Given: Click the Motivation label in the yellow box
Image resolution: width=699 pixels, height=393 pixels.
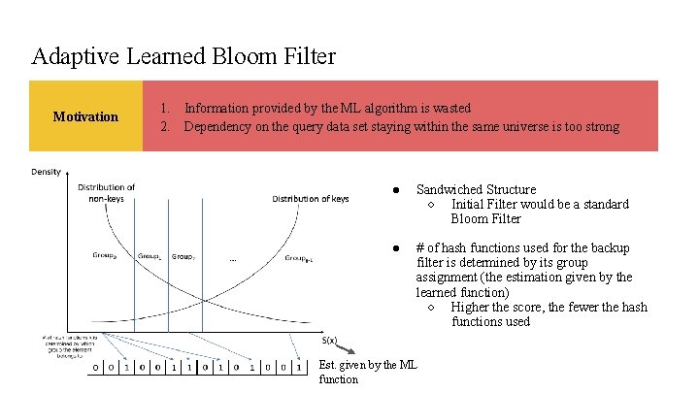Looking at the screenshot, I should click(85, 117).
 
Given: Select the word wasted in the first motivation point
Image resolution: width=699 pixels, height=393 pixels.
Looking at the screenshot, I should click(448, 109).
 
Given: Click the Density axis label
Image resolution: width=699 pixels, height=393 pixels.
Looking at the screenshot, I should click(46, 172).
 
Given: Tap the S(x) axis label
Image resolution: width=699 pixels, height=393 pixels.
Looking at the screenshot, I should click(329, 341).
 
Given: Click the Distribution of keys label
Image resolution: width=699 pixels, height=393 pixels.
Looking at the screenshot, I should click(311, 200).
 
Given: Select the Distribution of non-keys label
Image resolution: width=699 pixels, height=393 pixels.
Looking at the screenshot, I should click(106, 193).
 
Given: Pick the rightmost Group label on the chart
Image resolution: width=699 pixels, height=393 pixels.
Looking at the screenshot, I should click(297, 258).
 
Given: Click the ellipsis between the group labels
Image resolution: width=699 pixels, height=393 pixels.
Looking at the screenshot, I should click(231, 259).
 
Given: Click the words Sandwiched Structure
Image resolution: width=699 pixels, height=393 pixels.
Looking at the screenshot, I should click(476, 190).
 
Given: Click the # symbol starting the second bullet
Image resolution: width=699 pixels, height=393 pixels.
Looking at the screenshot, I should click(419, 248).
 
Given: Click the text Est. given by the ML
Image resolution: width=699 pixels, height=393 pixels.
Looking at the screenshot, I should click(368, 365).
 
